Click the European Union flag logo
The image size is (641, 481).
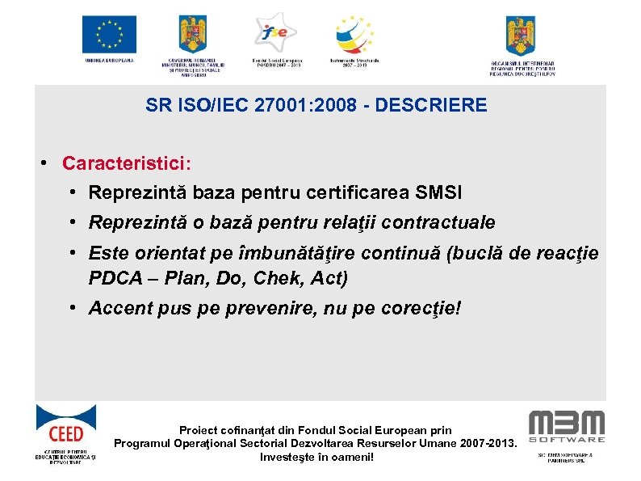point(109,35)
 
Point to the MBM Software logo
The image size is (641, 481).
point(566,427)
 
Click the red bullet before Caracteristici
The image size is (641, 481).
point(47,163)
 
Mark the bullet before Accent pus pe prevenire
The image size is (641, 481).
point(73,308)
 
